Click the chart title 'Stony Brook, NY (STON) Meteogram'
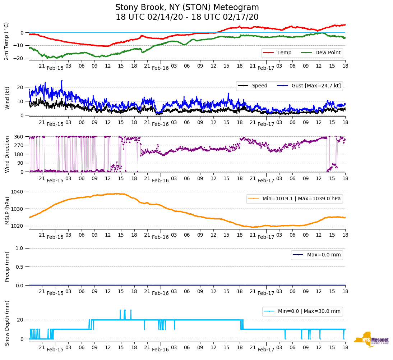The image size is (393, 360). [187, 8]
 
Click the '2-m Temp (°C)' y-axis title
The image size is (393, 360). [6, 41]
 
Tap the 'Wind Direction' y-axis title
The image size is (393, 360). [7, 154]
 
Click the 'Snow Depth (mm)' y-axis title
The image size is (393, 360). [7, 323]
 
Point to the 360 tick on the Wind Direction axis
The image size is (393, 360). [19, 137]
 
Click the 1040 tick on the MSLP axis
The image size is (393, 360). [18, 192]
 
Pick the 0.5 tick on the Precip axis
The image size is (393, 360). [20, 267]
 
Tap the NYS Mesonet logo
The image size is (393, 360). [371, 340]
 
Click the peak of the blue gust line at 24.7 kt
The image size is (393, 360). [62, 81]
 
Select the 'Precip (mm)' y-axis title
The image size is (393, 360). [7, 267]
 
